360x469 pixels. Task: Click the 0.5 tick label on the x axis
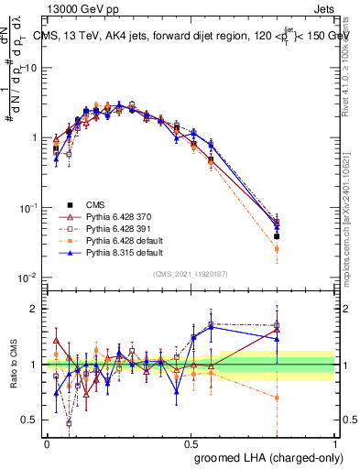coord(191,442)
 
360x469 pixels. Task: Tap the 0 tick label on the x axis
coord(48,442)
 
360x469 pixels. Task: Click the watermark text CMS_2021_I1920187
coord(191,274)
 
